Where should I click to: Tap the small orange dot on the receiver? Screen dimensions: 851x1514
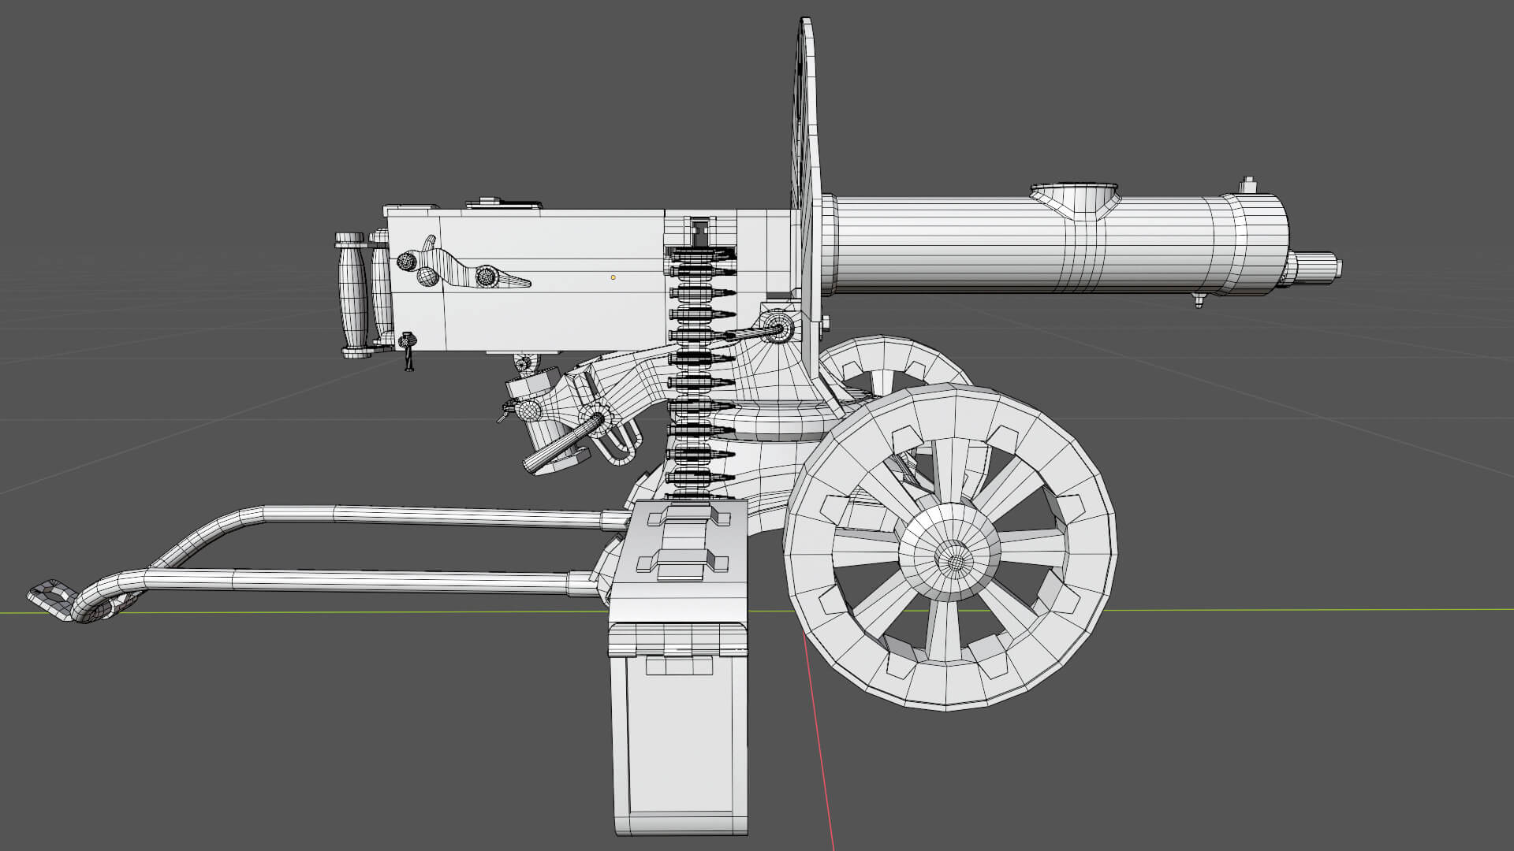[x=613, y=277]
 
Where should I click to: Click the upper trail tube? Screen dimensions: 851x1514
[x=434, y=515]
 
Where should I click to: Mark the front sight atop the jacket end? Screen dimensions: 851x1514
[x=1247, y=186]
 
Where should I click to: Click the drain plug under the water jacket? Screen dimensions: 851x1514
[x=1199, y=299]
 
